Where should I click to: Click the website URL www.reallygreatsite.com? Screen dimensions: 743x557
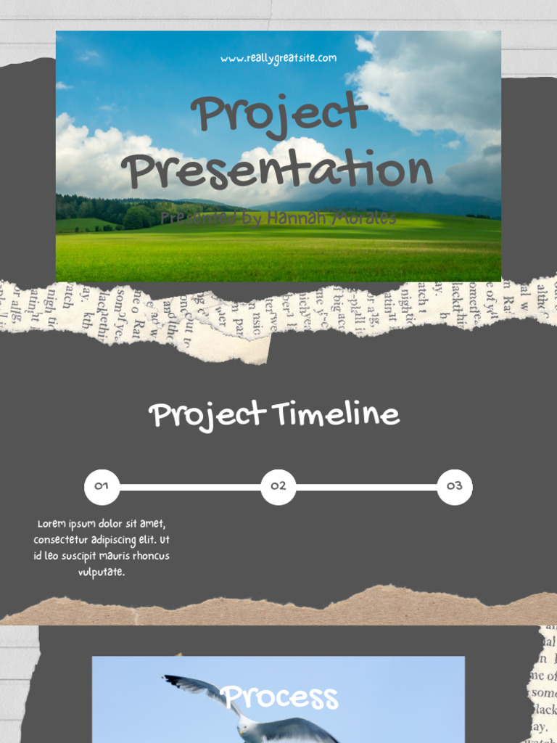[x=278, y=58]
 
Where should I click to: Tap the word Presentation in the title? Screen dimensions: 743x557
[x=277, y=171]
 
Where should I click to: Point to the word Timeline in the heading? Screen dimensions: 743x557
[x=336, y=415]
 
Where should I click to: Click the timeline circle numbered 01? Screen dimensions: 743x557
[x=102, y=487]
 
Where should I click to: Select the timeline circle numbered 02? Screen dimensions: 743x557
[x=278, y=487]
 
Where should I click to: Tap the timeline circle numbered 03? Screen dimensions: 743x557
[x=455, y=487]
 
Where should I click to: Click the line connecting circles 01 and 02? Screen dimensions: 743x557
[x=190, y=487]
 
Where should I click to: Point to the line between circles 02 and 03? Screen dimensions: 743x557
[x=366, y=487]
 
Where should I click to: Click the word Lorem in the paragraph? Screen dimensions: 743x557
[x=51, y=524]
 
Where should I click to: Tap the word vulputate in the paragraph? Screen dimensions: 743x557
[x=102, y=572]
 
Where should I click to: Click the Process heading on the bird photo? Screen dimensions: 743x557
[x=279, y=697]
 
